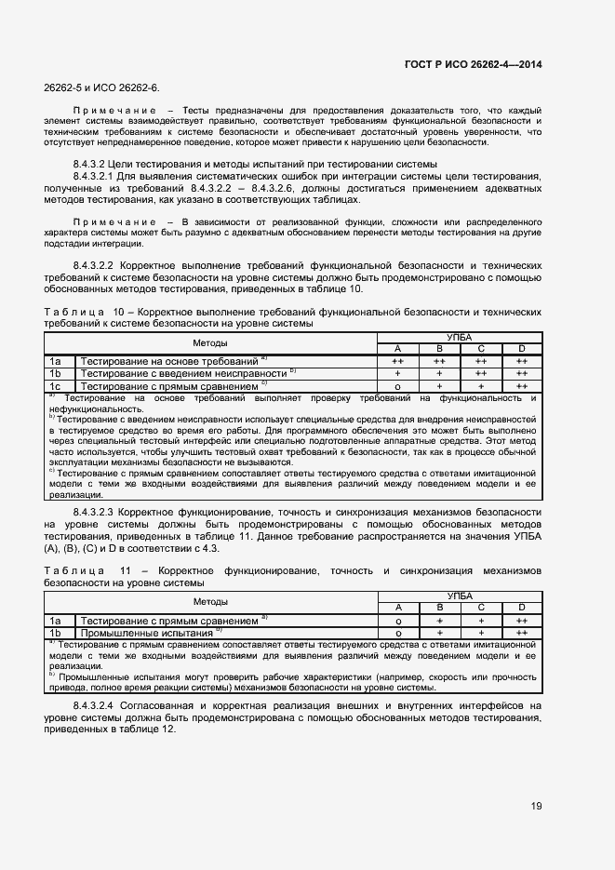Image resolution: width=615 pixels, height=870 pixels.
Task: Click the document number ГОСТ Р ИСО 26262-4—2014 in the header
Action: (x=475, y=64)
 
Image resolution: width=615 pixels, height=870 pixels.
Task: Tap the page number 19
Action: (x=536, y=805)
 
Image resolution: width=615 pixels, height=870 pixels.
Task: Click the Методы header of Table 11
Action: (x=210, y=601)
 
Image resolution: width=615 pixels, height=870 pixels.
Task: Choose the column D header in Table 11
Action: (x=522, y=607)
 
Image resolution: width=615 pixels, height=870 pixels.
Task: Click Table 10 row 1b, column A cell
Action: (x=397, y=372)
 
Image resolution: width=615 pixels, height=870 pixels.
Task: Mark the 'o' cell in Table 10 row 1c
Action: (x=397, y=385)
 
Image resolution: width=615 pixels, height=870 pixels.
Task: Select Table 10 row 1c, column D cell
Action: (x=522, y=385)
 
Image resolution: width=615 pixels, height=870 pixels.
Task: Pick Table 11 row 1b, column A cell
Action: (x=397, y=633)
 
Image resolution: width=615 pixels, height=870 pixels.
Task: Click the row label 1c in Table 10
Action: (x=56, y=385)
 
